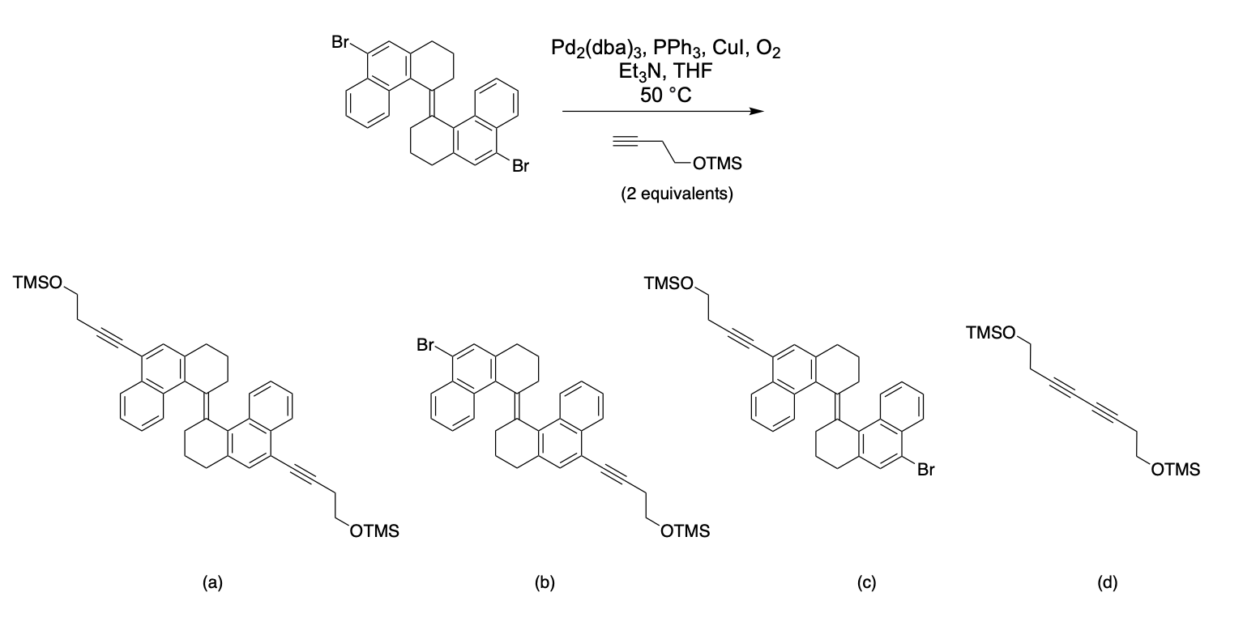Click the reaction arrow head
[x=757, y=113]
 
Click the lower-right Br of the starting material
[x=519, y=168]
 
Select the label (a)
[x=212, y=582]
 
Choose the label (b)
[x=545, y=582]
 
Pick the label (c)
[x=867, y=582]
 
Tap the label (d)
[x=1107, y=582]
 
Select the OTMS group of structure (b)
[x=686, y=531]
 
